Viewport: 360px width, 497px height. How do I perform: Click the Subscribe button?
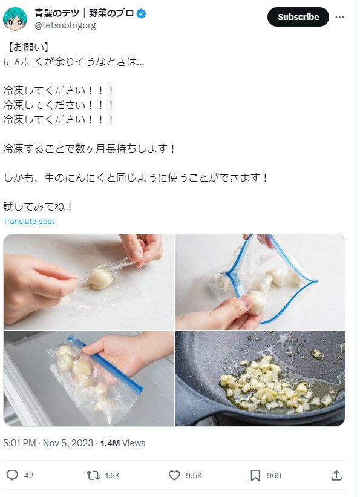[x=298, y=17]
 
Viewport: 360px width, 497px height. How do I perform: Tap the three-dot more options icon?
[x=340, y=17]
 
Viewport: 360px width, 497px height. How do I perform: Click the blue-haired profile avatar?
[x=15, y=19]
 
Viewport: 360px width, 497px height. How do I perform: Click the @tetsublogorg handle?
[x=65, y=25]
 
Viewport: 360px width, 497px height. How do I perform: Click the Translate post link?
[x=28, y=222]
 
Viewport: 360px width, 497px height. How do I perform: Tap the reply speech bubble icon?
[x=12, y=475]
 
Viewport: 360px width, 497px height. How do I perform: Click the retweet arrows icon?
[x=93, y=475]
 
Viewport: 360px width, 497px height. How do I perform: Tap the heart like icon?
[x=174, y=475]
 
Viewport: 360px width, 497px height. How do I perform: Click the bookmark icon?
[x=255, y=475]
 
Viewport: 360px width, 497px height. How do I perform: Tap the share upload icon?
[x=337, y=475]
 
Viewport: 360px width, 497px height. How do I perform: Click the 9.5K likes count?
[x=194, y=476]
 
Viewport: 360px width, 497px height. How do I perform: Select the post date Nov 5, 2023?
[x=68, y=443]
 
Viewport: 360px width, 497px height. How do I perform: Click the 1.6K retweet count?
[x=112, y=476]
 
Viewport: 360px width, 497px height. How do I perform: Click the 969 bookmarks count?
[x=274, y=476]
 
